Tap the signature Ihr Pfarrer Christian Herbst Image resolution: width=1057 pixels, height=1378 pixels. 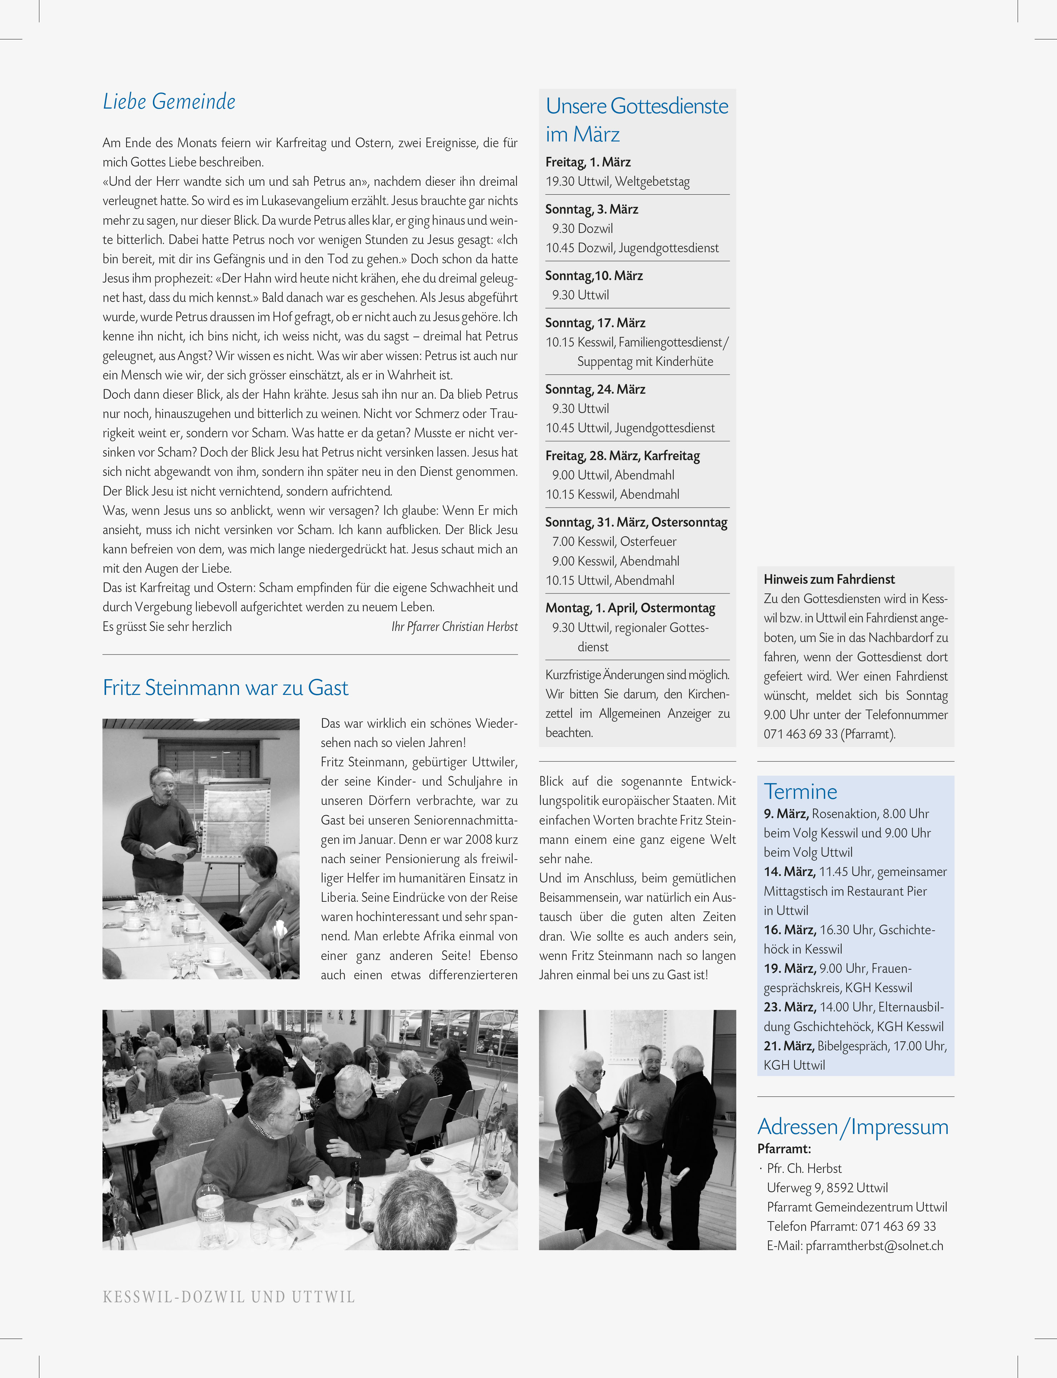tap(454, 627)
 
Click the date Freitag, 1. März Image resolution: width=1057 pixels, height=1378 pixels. tap(588, 162)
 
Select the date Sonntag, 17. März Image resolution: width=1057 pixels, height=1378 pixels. tap(595, 323)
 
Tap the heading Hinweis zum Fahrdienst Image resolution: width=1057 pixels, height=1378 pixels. tap(829, 579)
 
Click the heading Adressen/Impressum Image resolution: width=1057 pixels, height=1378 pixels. tap(853, 1126)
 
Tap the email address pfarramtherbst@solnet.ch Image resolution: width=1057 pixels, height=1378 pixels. tap(874, 1246)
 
